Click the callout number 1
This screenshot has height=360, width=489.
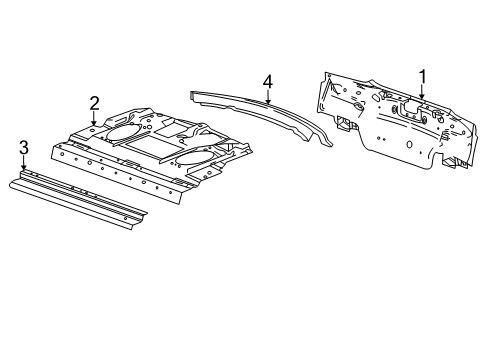(422, 75)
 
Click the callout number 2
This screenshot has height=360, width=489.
(94, 102)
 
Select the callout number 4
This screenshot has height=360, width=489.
(268, 81)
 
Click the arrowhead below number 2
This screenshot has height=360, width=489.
(94, 124)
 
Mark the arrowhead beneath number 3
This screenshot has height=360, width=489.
(23, 170)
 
